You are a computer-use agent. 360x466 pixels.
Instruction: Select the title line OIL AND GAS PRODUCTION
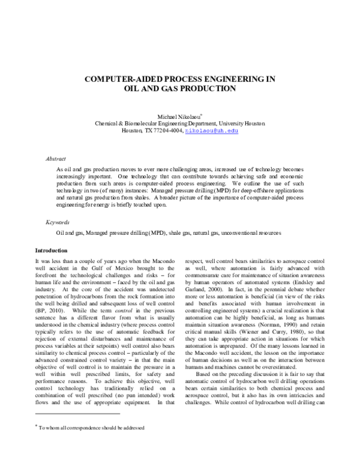[x=179, y=88]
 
